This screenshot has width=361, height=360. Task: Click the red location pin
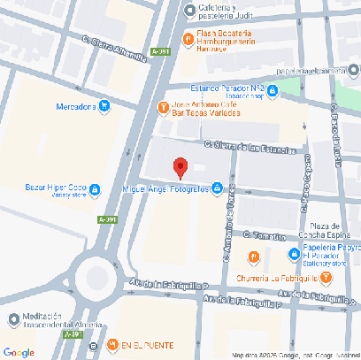[x=180, y=167]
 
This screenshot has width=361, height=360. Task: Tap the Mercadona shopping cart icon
[x=104, y=107]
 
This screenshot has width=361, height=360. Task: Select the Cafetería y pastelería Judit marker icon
[x=188, y=11]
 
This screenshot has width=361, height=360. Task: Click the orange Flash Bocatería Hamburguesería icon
[x=188, y=39]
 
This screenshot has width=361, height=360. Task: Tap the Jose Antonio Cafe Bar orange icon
[x=163, y=108]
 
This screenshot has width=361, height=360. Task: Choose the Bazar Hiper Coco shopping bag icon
[x=96, y=188]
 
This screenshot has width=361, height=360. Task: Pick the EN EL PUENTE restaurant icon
[x=111, y=344]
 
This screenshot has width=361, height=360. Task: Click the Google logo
[x=19, y=351]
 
